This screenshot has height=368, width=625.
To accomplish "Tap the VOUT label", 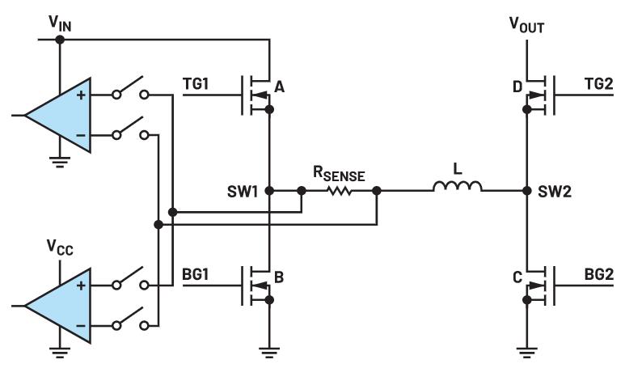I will pyautogui.click(x=526, y=24).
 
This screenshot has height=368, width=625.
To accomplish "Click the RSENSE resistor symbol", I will pyautogui.click(x=340, y=192).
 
